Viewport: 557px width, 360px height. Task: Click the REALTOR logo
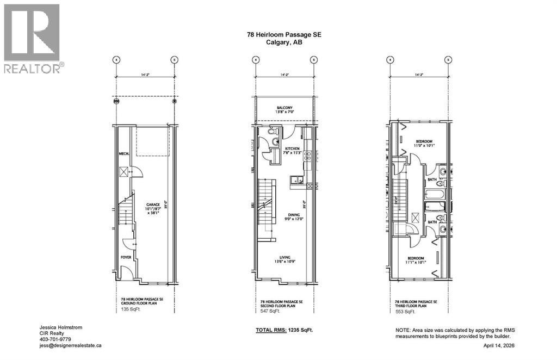[33, 38]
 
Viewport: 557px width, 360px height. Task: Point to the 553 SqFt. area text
[406, 312]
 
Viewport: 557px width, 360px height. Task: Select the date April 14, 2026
[499, 345]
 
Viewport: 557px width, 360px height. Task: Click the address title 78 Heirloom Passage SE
[284, 34]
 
